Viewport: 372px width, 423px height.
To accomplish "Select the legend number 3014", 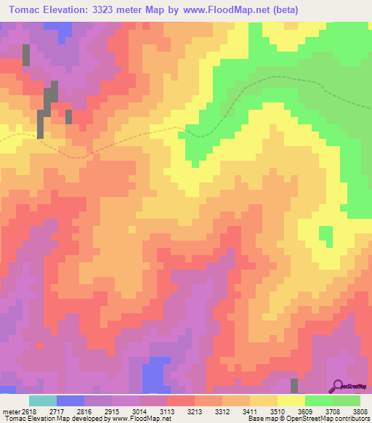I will click(x=139, y=411).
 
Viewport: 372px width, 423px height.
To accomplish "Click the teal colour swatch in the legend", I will click(x=42, y=400).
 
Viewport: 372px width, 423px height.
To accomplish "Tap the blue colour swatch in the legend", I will click(x=70, y=400).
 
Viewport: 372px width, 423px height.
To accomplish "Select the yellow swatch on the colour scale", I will click(x=291, y=400).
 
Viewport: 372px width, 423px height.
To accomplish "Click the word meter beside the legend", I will click(x=11, y=411).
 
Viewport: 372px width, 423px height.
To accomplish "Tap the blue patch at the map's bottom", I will click(x=155, y=376).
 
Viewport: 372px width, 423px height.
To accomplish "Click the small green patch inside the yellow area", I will click(x=326, y=235).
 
